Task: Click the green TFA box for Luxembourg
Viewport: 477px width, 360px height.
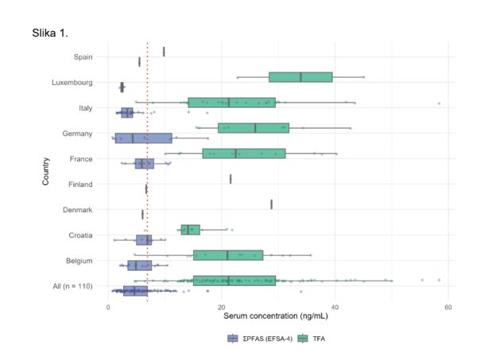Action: (x=301, y=77)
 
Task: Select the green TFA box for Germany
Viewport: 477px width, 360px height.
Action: (x=254, y=128)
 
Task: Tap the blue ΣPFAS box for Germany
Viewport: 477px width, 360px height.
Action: (x=144, y=138)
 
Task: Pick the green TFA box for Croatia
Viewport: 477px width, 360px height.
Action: (x=191, y=230)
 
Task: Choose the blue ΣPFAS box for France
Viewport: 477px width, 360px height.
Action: (x=145, y=164)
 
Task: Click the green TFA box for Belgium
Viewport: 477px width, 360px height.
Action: (x=228, y=255)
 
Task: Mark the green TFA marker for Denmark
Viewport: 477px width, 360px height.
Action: (x=271, y=204)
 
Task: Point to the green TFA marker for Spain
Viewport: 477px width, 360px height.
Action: (x=164, y=52)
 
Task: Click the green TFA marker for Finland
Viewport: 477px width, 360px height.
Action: (x=231, y=179)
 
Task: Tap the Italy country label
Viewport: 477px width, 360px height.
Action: (x=86, y=108)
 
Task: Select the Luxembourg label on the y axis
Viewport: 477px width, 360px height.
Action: (x=72, y=83)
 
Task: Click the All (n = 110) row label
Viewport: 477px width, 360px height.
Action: (x=72, y=286)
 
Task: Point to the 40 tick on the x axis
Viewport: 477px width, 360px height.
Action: (x=335, y=307)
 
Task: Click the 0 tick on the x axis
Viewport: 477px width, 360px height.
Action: (x=108, y=307)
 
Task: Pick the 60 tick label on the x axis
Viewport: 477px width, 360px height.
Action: (x=448, y=307)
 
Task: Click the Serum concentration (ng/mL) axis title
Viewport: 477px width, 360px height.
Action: (x=276, y=316)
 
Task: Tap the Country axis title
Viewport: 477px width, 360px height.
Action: (x=45, y=171)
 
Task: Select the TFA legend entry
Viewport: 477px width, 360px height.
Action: (x=312, y=339)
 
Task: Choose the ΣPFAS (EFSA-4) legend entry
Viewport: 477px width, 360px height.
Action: (x=260, y=339)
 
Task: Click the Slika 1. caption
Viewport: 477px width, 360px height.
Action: (x=50, y=33)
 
